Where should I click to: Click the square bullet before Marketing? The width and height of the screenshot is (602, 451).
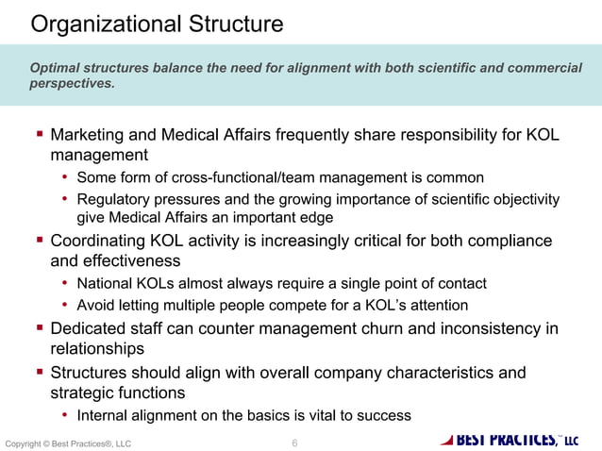click(x=40, y=136)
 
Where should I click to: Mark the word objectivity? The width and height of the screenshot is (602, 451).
click(x=525, y=199)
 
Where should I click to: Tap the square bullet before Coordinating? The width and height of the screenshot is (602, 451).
click(x=40, y=241)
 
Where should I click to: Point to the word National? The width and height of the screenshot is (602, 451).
click(x=105, y=283)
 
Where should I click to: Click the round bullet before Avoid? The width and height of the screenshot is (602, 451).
click(x=65, y=305)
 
